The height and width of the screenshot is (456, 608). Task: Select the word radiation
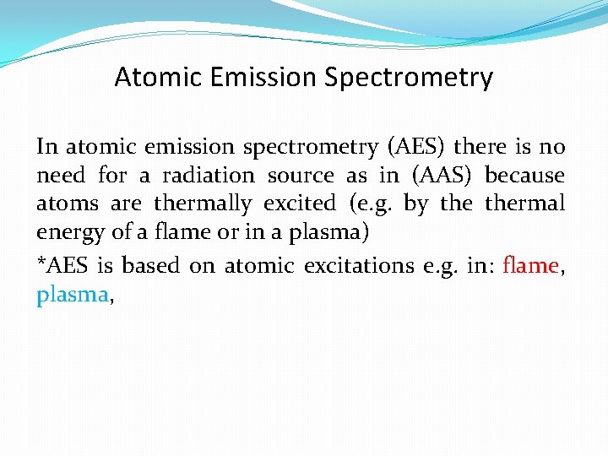208,176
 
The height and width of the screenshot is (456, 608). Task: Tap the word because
524,176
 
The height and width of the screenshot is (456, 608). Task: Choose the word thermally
203,204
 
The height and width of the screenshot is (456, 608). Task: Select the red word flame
530,265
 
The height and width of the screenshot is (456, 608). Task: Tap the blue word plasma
71,296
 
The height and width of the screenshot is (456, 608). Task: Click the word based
151,265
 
